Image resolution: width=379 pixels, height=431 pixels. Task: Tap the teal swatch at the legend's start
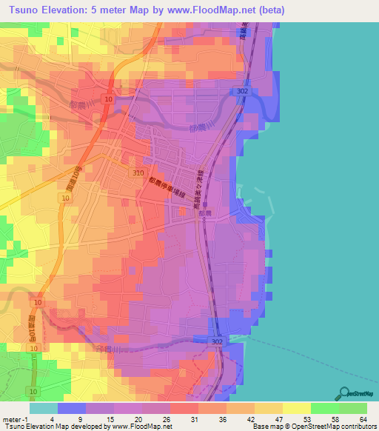[x=44, y=408]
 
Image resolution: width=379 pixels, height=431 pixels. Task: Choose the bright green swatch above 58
[x=324, y=408]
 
